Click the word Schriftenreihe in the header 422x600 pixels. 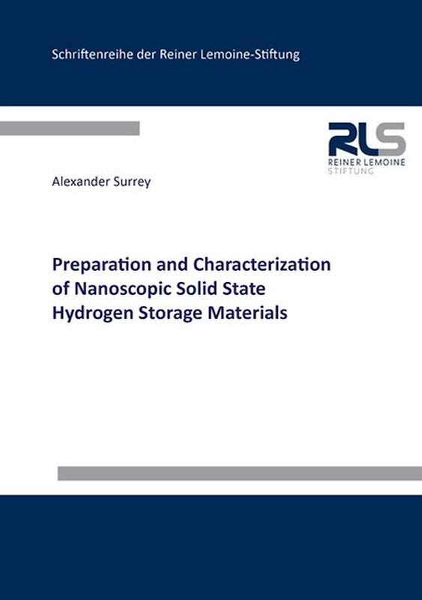(x=86, y=54)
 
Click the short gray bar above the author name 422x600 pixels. (x=70, y=128)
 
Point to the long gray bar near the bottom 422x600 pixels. (x=239, y=473)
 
